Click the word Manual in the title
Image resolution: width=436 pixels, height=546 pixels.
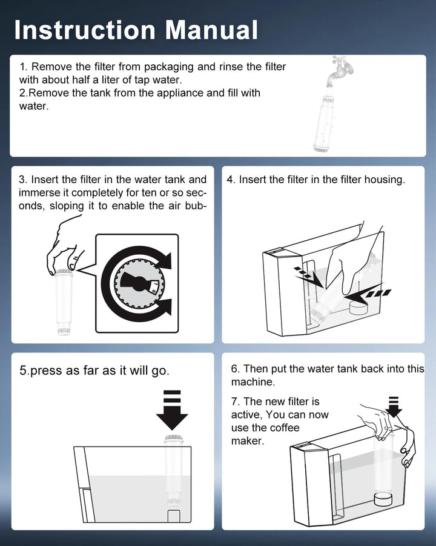pyautogui.click(x=211, y=30)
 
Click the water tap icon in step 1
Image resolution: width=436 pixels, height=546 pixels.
pyautogui.click(x=340, y=71)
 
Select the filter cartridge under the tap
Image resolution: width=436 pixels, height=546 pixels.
pyautogui.click(x=325, y=120)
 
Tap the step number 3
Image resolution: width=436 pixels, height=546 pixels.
pyautogui.click(x=23, y=180)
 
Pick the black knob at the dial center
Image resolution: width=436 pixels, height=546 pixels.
pyautogui.click(x=139, y=283)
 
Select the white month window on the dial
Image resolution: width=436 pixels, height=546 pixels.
pyautogui.click(x=154, y=286)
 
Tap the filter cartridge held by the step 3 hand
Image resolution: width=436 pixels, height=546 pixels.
pyautogui.click(x=64, y=302)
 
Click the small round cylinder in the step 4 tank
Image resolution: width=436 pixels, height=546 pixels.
pyautogui.click(x=358, y=308)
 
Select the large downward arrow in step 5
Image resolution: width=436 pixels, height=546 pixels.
pyautogui.click(x=172, y=410)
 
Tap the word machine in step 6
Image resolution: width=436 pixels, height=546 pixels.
pyautogui.click(x=252, y=382)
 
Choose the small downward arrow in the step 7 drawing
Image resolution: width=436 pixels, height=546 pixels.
pyautogui.click(x=394, y=406)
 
